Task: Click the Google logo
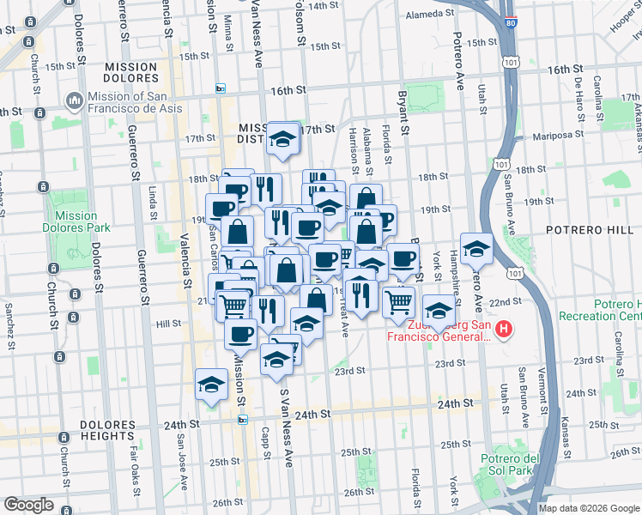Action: (x=28, y=505)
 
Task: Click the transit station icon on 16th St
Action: (x=221, y=89)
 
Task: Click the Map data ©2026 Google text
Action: (x=588, y=507)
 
